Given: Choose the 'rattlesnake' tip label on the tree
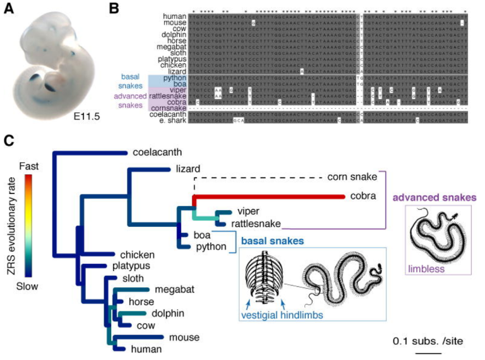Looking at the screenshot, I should [253, 223].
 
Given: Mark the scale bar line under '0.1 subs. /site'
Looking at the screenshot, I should [428, 353].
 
